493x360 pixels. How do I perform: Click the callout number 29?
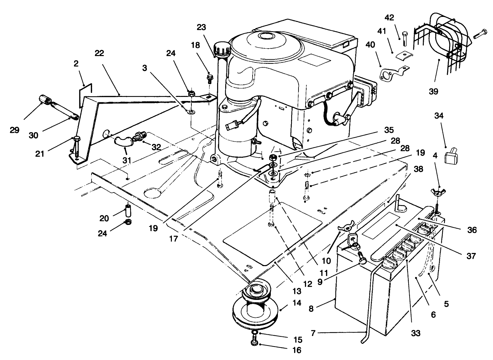tap(15, 130)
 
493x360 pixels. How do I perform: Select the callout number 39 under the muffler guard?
tap(433, 91)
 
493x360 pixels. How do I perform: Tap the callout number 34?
tap(439, 116)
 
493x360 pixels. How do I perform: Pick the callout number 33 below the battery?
tap(416, 334)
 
